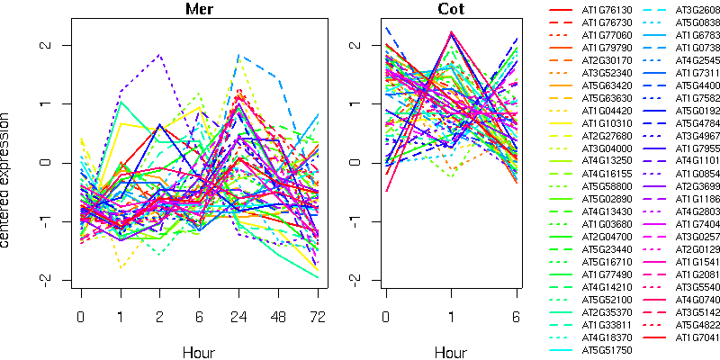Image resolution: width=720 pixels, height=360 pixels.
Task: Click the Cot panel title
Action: click(451, 10)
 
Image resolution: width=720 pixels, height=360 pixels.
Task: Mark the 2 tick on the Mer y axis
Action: click(55, 45)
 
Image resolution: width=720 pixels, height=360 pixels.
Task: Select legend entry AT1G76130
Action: click(606, 10)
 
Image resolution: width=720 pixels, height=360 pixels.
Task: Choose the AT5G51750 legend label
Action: click(606, 348)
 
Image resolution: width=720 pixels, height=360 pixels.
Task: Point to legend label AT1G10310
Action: click(606, 122)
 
